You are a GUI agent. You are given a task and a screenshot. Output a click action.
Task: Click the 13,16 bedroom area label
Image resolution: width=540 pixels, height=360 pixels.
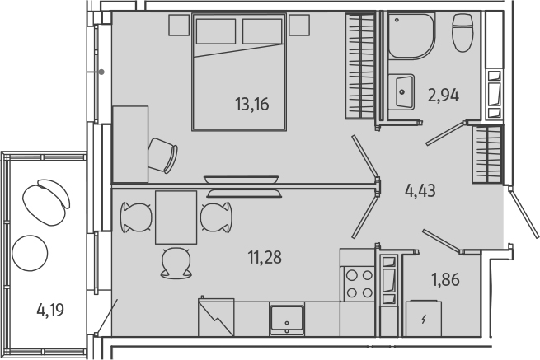click(252, 104)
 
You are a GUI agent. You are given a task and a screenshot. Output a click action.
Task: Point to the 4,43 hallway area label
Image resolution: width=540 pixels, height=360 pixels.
click(420, 191)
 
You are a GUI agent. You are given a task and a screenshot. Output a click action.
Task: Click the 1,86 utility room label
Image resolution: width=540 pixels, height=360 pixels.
click(444, 278)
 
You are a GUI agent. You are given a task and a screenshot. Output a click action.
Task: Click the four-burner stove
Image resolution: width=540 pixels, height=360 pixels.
click(358, 283)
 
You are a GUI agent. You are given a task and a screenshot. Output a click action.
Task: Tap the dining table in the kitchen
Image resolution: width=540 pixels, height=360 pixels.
click(176, 217)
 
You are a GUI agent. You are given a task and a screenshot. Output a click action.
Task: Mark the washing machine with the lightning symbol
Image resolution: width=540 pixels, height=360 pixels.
click(424, 318)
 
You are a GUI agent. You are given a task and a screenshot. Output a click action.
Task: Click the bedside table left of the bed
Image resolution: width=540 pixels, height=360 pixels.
click(179, 26)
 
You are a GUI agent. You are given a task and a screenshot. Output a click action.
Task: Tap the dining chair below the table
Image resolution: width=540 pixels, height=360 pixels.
click(175, 262)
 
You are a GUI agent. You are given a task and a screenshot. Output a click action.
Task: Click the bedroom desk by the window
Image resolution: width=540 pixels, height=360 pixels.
click(129, 144)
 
